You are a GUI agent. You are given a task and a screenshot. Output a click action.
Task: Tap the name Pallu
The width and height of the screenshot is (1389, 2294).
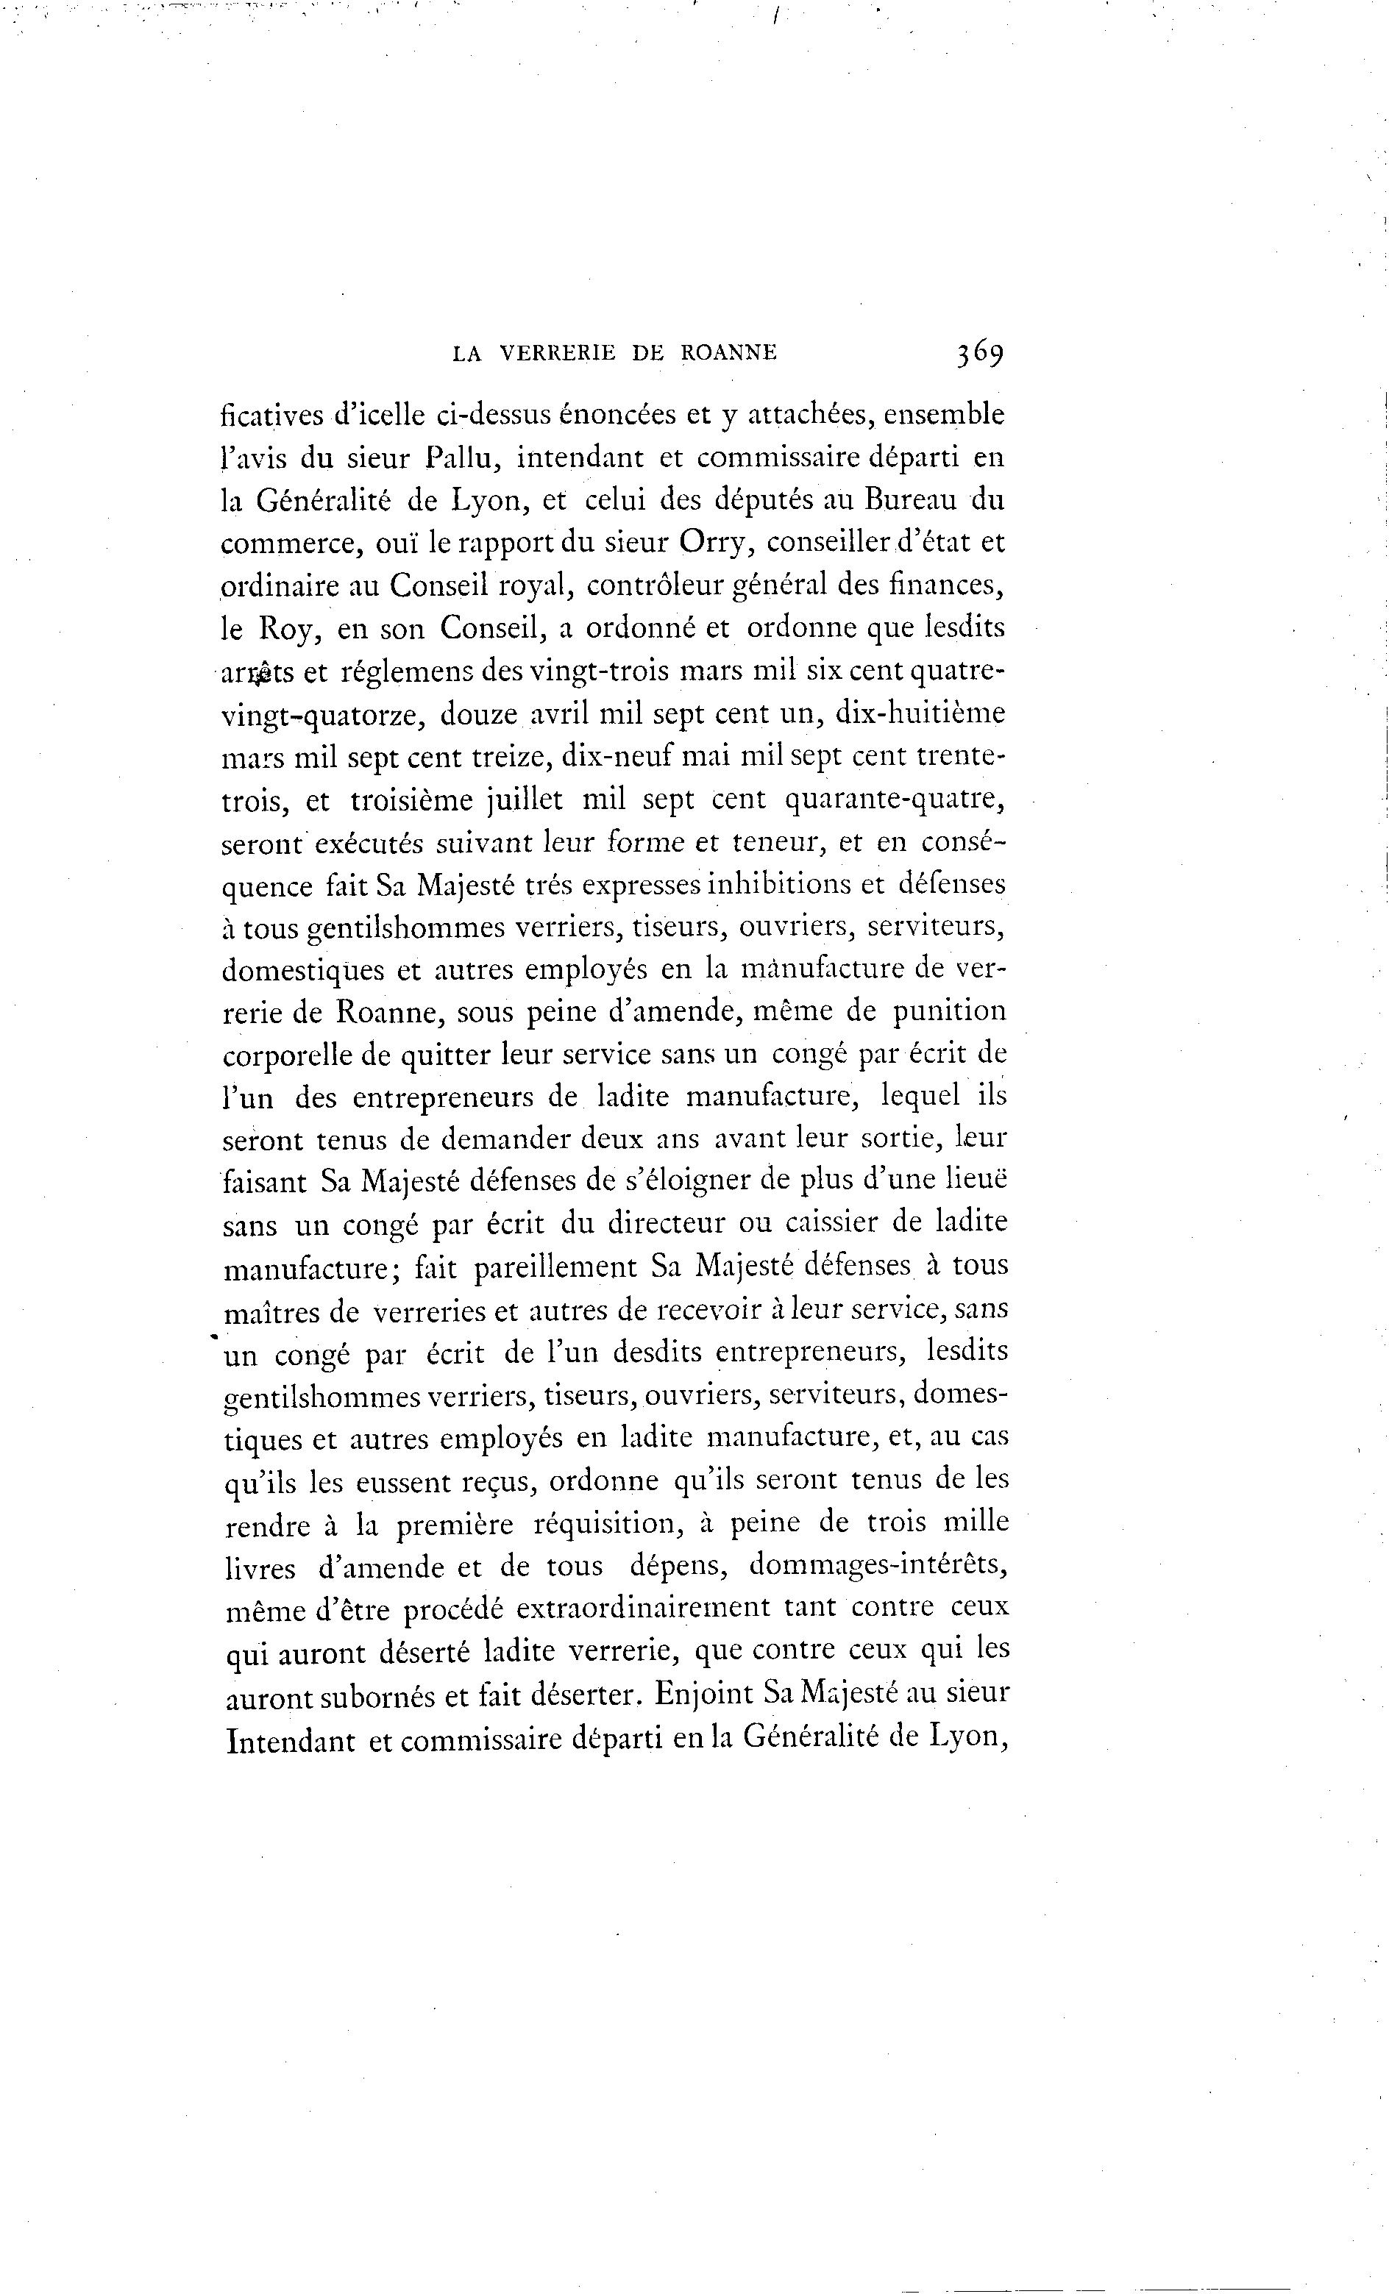pos(461,458)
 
